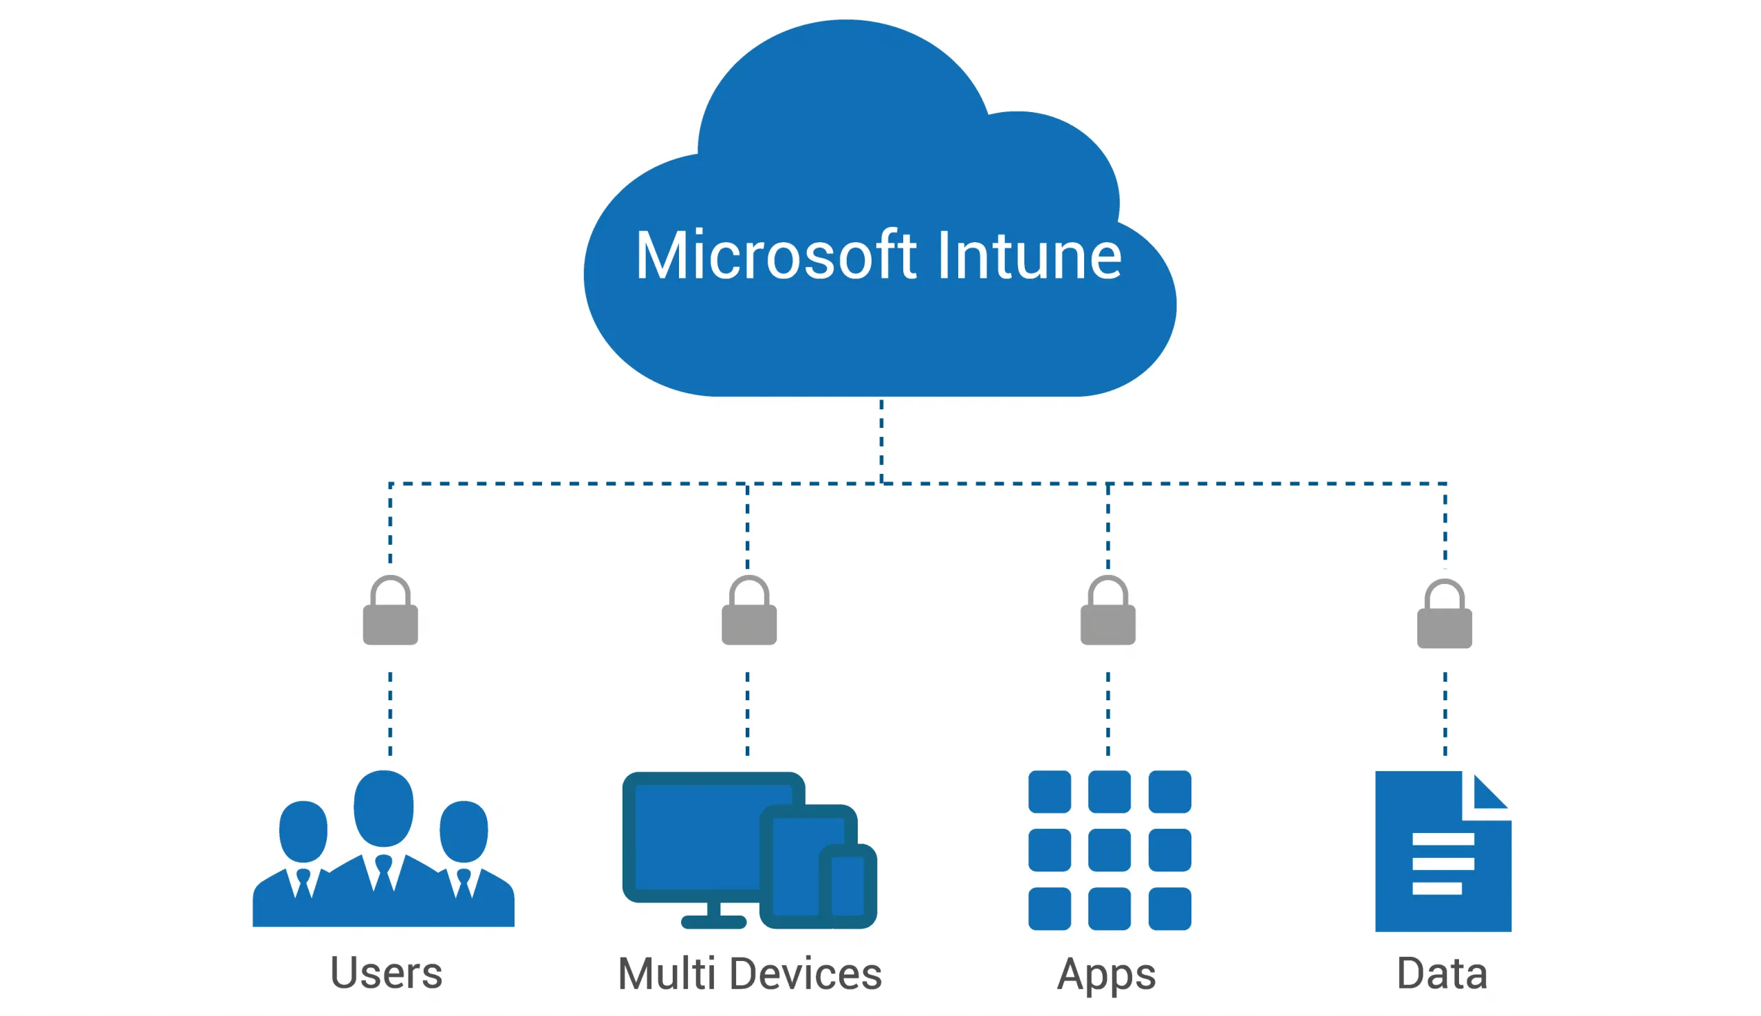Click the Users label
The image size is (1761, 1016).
[x=386, y=973]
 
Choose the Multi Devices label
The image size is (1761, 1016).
[x=749, y=974]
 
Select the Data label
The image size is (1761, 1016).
[x=1442, y=973]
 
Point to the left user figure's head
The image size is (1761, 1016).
[x=303, y=831]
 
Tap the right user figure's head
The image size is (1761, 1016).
[x=463, y=831]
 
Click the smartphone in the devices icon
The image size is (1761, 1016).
[x=847, y=885]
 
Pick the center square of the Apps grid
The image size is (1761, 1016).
[x=1110, y=850]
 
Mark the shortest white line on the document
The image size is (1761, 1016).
[x=1436, y=888]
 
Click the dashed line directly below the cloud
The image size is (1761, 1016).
[x=881, y=440]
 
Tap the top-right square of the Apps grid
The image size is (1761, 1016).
[x=1169, y=791]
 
